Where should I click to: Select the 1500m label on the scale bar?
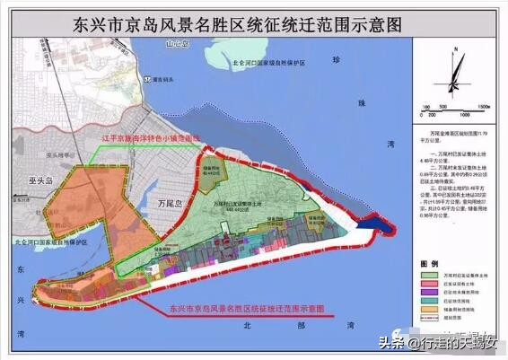pyautogui.click(x=482, y=105)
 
